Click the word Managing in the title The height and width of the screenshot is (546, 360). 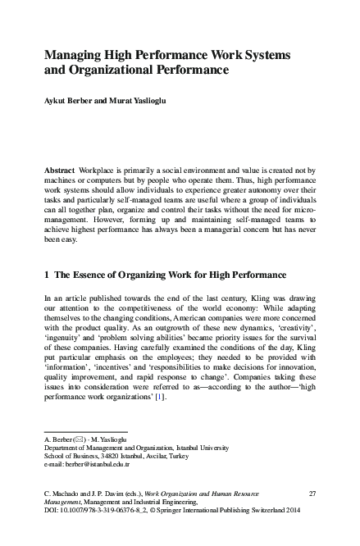[69, 54]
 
